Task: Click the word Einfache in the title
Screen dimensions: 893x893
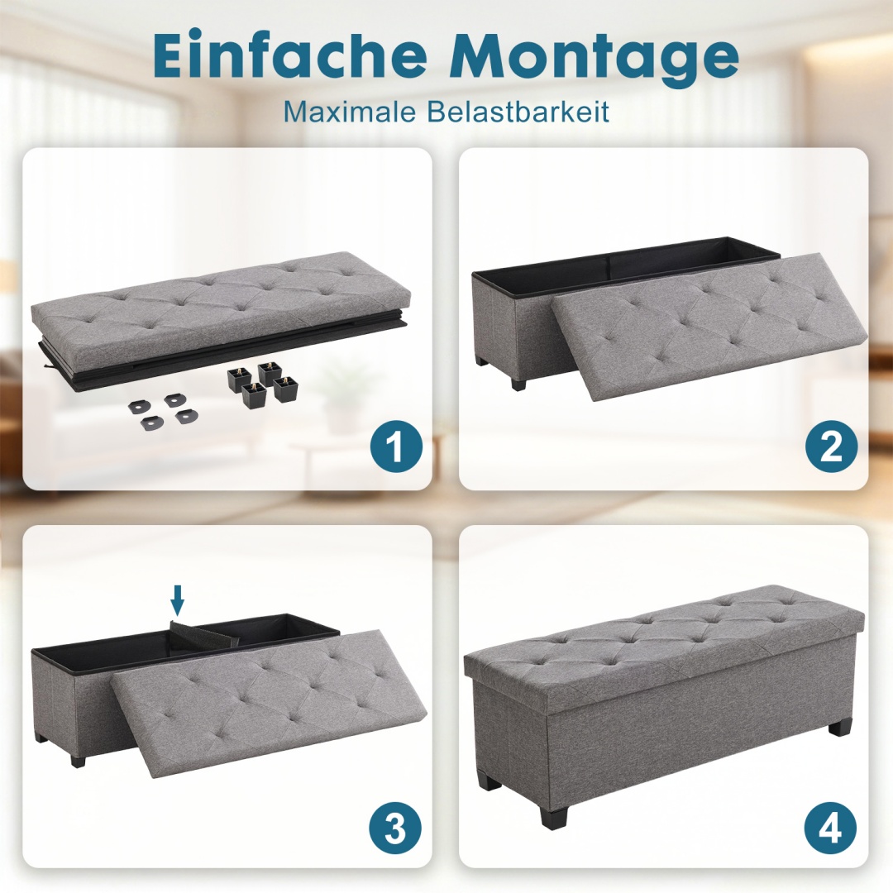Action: pos(290,56)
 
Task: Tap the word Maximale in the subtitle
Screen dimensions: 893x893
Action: pos(351,112)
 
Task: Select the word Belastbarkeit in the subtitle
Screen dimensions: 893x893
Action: pos(519,112)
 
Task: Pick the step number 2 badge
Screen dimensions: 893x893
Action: pos(830,446)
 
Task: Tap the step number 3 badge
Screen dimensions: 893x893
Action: pos(394,826)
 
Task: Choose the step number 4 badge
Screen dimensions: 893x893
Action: pos(830,826)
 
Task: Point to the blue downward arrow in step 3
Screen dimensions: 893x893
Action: pos(179,601)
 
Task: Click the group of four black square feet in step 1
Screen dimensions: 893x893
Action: pos(261,384)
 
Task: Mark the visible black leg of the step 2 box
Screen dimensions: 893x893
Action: pos(518,382)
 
